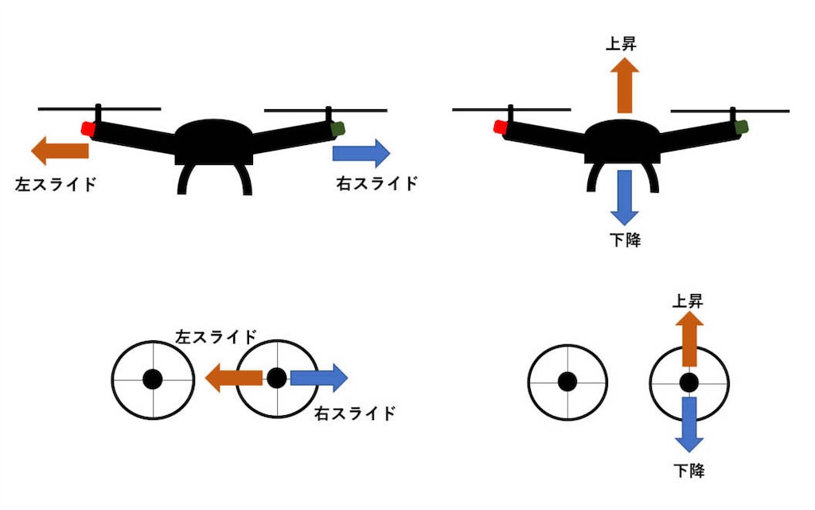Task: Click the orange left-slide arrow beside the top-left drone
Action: (x=60, y=151)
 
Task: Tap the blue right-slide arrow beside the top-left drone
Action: (x=361, y=153)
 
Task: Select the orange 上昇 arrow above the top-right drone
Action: (x=624, y=85)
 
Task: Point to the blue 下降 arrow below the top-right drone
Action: (x=624, y=198)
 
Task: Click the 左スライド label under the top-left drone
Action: (x=57, y=184)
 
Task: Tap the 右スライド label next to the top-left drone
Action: (x=377, y=183)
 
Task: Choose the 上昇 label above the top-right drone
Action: (x=621, y=44)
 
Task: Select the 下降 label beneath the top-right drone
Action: (x=626, y=240)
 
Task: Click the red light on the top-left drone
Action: (x=88, y=128)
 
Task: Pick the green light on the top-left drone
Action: (x=337, y=128)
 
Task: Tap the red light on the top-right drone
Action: (x=501, y=127)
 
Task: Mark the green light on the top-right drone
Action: (x=742, y=127)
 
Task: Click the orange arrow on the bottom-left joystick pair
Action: (x=234, y=378)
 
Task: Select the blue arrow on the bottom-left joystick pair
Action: (x=319, y=378)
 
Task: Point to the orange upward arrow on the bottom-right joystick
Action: (x=689, y=339)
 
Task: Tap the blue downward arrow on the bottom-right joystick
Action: (x=689, y=425)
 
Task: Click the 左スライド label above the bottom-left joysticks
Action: (x=216, y=337)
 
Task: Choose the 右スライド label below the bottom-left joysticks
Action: (x=356, y=414)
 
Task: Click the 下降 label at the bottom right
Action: (x=689, y=470)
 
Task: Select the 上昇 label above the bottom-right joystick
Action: (x=688, y=301)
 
